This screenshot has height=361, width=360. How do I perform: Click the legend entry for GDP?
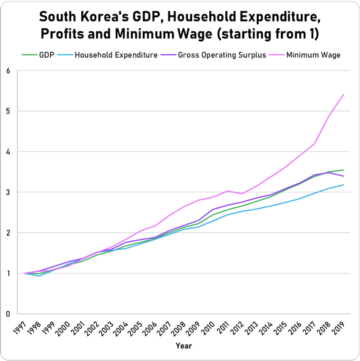tap(46, 55)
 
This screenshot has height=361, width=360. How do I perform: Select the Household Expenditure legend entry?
tap(116, 55)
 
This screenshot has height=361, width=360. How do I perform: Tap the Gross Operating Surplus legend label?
tap(222, 55)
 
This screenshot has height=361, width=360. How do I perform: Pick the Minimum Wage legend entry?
tap(313, 55)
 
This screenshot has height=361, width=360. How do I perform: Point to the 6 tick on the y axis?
tap(8, 71)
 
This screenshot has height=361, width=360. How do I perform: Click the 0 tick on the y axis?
tap(8, 314)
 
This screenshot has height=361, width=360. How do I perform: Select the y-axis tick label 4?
tap(8, 152)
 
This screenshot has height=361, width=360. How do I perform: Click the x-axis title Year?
tap(184, 346)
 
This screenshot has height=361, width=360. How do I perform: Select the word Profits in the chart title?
tap(62, 34)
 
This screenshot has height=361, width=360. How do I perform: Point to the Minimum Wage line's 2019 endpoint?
tap(344, 95)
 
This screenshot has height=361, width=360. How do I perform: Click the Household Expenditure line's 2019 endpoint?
tap(344, 185)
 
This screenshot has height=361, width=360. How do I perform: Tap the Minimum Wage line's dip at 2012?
tap(242, 194)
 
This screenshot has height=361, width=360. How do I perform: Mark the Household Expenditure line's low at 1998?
tap(39, 276)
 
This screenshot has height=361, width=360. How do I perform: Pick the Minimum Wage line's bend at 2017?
tap(314, 144)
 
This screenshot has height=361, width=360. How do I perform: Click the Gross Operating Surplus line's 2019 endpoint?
tap(344, 176)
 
